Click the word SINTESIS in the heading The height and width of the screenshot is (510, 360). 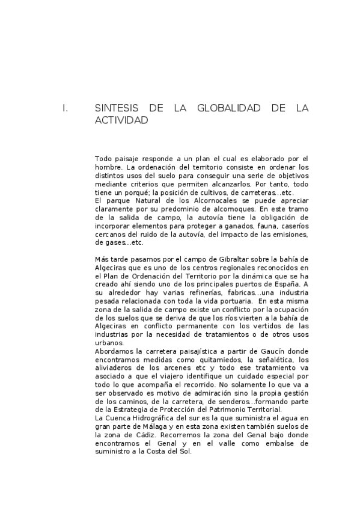(117, 108)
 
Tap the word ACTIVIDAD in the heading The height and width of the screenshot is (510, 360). (121, 120)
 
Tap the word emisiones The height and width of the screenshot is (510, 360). (290, 234)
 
